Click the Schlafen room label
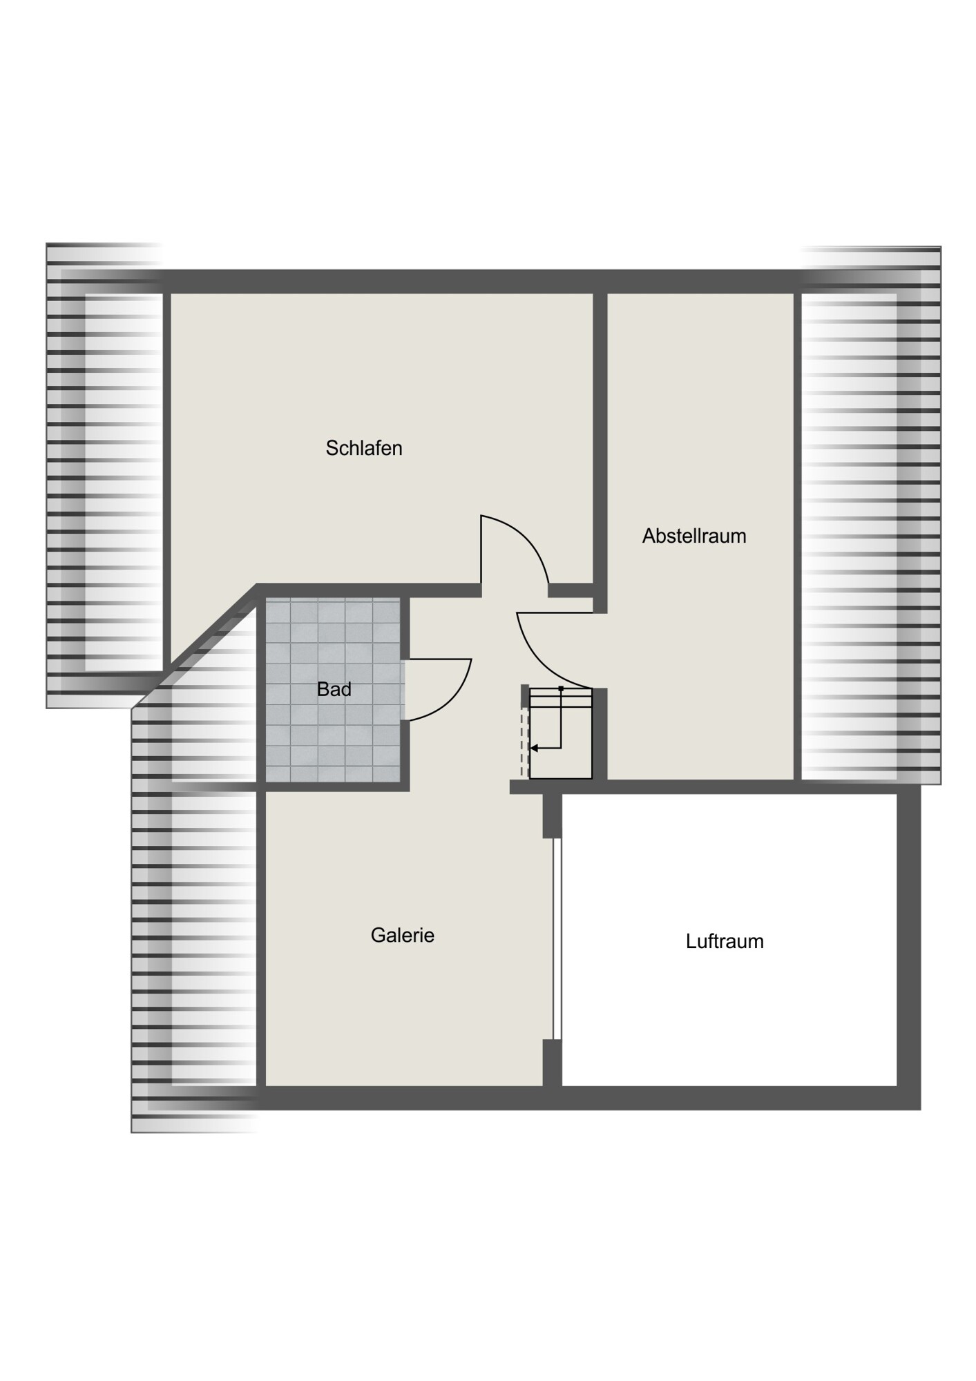click(x=364, y=448)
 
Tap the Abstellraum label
click(x=694, y=536)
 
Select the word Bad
click(x=334, y=689)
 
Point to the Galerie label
click(x=403, y=936)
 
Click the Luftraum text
click(x=725, y=942)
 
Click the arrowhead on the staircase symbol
click(x=533, y=748)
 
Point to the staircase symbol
click(x=560, y=733)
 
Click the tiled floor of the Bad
click(x=333, y=690)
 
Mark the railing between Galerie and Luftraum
click(x=557, y=939)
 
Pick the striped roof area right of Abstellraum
click(x=871, y=514)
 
